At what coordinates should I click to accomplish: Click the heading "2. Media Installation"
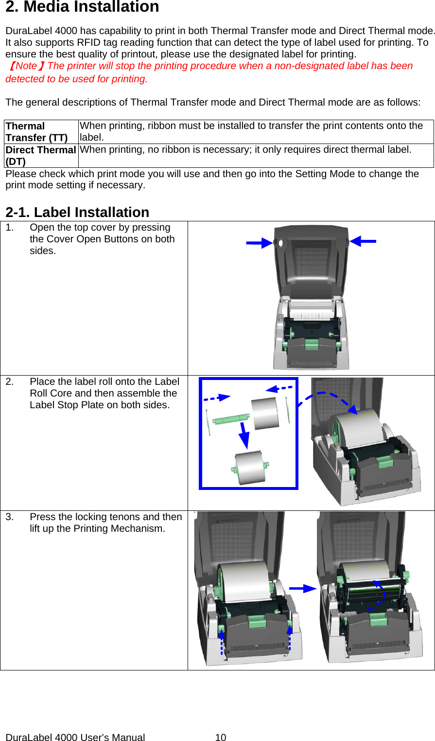(82, 7)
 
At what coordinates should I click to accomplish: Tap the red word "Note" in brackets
(26, 66)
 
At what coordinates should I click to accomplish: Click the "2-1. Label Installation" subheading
(77, 213)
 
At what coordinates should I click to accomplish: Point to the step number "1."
(10, 228)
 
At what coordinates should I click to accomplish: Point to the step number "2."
(10, 382)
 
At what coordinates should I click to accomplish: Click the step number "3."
(10, 517)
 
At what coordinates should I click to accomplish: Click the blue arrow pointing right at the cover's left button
(259, 243)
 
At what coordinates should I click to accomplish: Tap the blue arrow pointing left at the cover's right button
(363, 241)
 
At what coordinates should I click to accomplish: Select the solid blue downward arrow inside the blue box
(243, 434)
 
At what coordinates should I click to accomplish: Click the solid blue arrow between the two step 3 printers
(302, 588)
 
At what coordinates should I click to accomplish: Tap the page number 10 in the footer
(221, 738)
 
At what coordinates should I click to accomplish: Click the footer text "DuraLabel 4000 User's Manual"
(75, 738)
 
